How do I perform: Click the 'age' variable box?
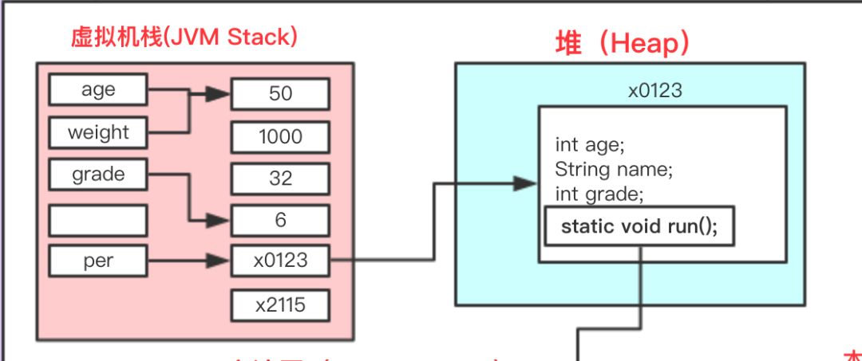(x=98, y=89)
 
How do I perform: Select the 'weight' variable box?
(x=98, y=132)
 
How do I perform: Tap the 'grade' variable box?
(x=98, y=175)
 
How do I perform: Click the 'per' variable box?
(x=98, y=261)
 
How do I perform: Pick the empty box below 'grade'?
(x=98, y=220)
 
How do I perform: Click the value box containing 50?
(x=280, y=94)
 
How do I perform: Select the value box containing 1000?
(x=280, y=136)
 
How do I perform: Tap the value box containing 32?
(x=280, y=179)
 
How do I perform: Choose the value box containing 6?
(x=280, y=220)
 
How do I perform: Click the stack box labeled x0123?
(x=280, y=261)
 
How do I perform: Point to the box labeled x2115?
(x=280, y=304)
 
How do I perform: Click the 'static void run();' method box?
(x=639, y=226)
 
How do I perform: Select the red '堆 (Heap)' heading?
(x=623, y=43)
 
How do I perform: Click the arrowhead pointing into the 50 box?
(x=219, y=94)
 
